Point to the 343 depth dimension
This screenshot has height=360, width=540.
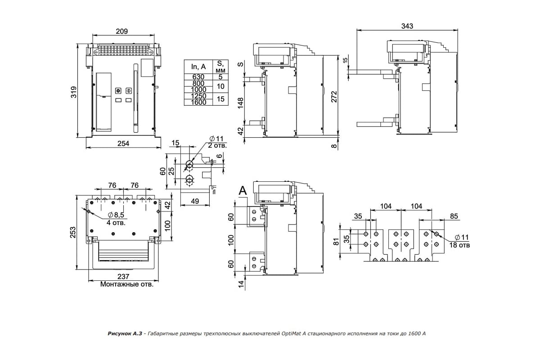click(407, 27)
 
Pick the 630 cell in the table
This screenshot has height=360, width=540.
click(198, 77)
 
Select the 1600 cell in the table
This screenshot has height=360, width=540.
click(198, 102)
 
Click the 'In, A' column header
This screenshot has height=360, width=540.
click(198, 67)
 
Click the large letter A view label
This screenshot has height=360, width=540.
click(243, 191)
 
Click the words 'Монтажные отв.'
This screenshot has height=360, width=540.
click(126, 284)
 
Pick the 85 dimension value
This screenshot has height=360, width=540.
click(454, 216)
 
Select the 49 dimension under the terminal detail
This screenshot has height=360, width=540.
click(195, 201)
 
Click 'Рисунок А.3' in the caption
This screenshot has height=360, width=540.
click(125, 333)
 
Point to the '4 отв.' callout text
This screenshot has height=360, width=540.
click(116, 222)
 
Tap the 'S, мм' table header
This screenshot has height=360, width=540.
click(220, 67)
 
